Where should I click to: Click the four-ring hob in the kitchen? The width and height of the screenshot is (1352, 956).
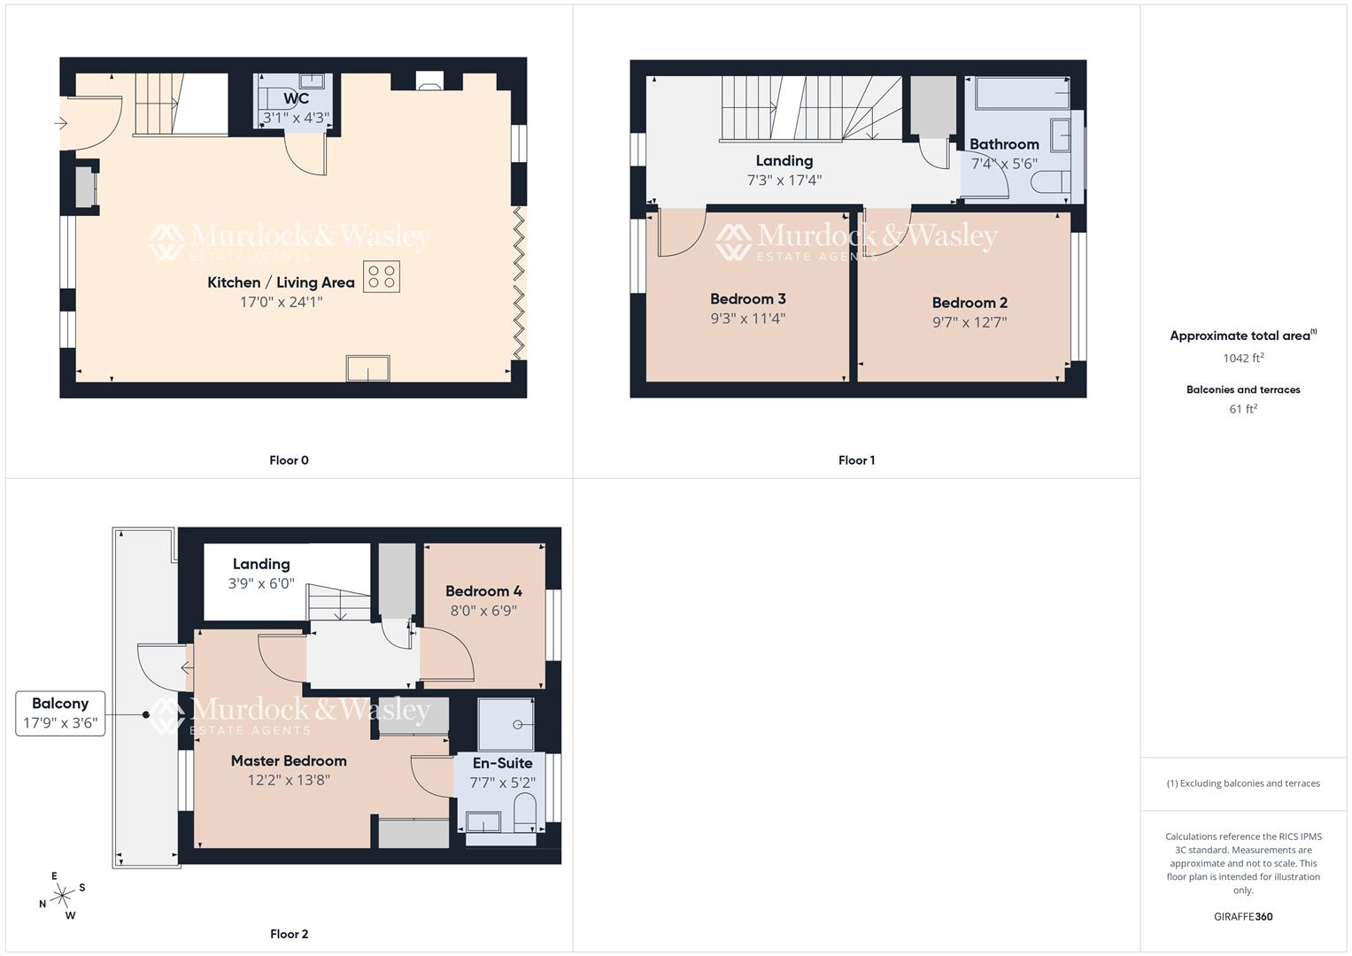[382, 276]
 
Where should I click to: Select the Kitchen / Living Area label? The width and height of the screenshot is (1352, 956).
[281, 282]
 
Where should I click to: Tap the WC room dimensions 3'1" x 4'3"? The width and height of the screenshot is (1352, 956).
[296, 117]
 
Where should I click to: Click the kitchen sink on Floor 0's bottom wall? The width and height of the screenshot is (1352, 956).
[368, 368]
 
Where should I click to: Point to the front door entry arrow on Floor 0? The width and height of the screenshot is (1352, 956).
[60, 123]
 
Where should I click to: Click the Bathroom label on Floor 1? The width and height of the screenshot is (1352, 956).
[1004, 144]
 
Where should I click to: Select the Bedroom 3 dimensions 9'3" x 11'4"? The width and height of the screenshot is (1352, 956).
[747, 319]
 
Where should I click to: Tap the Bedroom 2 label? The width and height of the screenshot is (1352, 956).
[970, 303]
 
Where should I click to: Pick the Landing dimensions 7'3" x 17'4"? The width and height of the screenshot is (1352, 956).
[784, 180]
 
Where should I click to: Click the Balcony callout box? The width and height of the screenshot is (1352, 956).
[60, 713]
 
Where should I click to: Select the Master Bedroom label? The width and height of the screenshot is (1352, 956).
[289, 760]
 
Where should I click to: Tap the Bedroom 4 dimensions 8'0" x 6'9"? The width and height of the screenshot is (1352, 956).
[483, 610]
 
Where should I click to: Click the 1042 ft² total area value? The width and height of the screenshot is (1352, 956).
[1243, 358]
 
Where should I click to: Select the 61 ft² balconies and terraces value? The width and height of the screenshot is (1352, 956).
[1243, 409]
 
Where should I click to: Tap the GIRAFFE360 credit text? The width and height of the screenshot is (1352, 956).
[1243, 916]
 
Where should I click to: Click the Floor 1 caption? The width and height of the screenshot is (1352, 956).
[856, 460]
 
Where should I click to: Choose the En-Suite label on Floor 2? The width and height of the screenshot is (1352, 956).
[502, 763]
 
